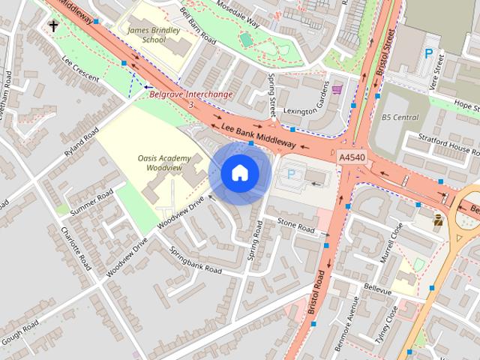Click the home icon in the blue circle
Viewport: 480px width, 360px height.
pos(239,172)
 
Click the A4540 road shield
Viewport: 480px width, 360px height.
pos(352,158)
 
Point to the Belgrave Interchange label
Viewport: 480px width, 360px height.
pos(191,95)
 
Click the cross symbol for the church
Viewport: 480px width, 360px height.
pos(53,26)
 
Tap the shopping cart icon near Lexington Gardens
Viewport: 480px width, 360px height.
pos(337,89)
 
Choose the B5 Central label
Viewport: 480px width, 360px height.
pos(400,118)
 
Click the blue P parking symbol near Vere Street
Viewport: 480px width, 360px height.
pos(428,54)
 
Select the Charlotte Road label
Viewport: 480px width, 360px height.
pos(76,248)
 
